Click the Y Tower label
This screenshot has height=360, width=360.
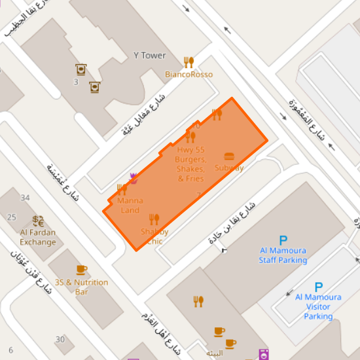[149, 56]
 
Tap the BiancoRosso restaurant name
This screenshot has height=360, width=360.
[189, 75]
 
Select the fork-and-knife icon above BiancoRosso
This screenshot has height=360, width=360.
[189, 62]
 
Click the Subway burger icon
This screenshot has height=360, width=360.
[229, 156]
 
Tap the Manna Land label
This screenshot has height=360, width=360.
[130, 206]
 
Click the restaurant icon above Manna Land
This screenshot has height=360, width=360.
[121, 190]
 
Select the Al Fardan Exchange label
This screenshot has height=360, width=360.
[38, 237]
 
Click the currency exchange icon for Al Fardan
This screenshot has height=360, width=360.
[38, 221]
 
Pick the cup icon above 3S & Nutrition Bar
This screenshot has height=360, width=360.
[81, 270]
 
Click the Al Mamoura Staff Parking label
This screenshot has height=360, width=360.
[283, 255]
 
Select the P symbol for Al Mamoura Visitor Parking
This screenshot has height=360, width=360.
[319, 287]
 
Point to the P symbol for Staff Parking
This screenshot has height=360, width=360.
[283, 240]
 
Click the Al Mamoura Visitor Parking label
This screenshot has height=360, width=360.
[318, 306]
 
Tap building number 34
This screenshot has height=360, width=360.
[26, 198]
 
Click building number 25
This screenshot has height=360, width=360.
[11, 217]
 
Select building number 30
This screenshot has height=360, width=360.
[60, 339]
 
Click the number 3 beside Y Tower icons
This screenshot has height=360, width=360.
[76, 82]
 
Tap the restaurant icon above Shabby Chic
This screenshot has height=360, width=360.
[154, 219]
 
